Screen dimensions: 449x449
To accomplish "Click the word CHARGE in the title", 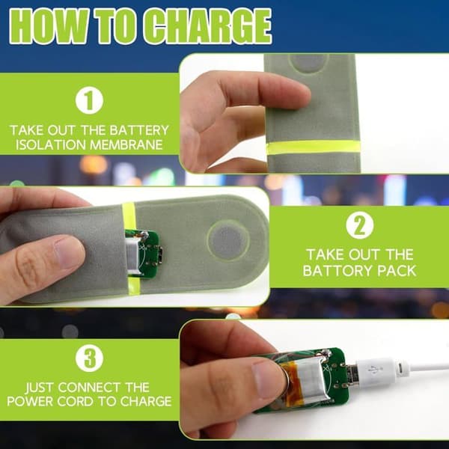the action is (x=207, y=26).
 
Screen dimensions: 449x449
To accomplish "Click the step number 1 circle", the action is (x=89, y=100).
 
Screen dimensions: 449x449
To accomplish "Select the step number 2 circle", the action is (x=360, y=225).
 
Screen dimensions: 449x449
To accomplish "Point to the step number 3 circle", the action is (x=89, y=358).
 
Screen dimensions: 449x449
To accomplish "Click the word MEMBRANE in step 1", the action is (x=126, y=144).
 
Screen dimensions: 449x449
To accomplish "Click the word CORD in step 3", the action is (x=76, y=401).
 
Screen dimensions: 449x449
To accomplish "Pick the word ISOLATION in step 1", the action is (x=51, y=144).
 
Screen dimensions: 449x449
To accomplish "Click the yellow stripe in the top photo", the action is (x=314, y=147).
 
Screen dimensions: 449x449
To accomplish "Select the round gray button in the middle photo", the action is (x=228, y=240).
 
